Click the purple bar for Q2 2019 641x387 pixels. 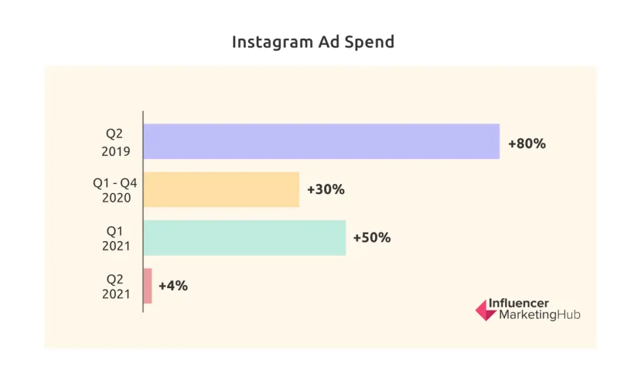pyautogui.click(x=321, y=141)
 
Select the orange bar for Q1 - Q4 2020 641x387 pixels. pyautogui.click(x=221, y=189)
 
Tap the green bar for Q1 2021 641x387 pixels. pyautogui.click(x=244, y=237)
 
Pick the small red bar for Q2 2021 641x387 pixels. pyautogui.click(x=148, y=286)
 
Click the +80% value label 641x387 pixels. pyautogui.click(x=526, y=143)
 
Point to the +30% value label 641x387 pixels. pyautogui.click(x=326, y=189)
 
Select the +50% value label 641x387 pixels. pyautogui.click(x=372, y=237)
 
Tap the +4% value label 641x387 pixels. pyautogui.click(x=173, y=286)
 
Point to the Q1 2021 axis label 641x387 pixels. pyautogui.click(x=116, y=238)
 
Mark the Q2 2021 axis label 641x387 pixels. pyautogui.click(x=116, y=286)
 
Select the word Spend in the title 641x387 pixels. pyautogui.click(x=371, y=42)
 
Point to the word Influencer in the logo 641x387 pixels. pyautogui.click(x=518, y=304)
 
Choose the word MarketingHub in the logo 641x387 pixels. pyautogui.click(x=539, y=315)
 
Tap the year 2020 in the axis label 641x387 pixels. pyautogui.click(x=116, y=198)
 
